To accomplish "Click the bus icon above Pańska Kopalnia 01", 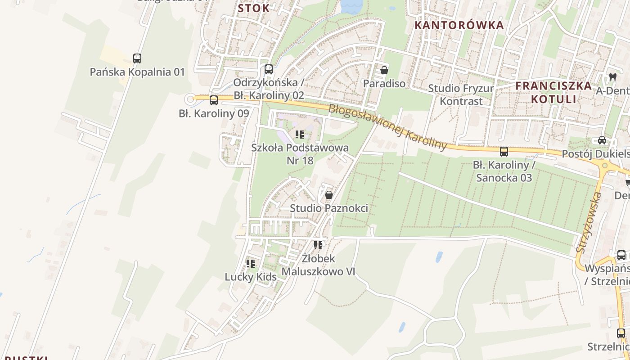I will click(137, 58).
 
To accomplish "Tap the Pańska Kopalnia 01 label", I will click(137, 72).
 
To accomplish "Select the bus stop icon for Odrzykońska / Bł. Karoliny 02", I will click(269, 69).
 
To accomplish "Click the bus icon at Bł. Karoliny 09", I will click(214, 100).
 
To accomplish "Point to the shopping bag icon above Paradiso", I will click(384, 70).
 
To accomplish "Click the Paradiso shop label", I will click(384, 84).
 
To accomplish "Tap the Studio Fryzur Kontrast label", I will click(461, 94).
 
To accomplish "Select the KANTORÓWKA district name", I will click(459, 25).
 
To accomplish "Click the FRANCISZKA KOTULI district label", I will click(553, 92).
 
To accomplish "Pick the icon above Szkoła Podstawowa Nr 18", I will click(300, 134).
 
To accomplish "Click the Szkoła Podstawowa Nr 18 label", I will click(300, 154).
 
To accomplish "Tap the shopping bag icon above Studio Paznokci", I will click(329, 195).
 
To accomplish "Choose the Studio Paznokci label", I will click(329, 208).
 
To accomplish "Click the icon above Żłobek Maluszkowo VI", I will click(318, 245).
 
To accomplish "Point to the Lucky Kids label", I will click(251, 277).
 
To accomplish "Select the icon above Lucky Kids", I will click(251, 263).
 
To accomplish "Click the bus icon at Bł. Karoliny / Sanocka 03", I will click(504, 152).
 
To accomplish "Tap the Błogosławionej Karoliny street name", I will click(388, 127).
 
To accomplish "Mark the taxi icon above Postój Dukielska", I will click(602, 140).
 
